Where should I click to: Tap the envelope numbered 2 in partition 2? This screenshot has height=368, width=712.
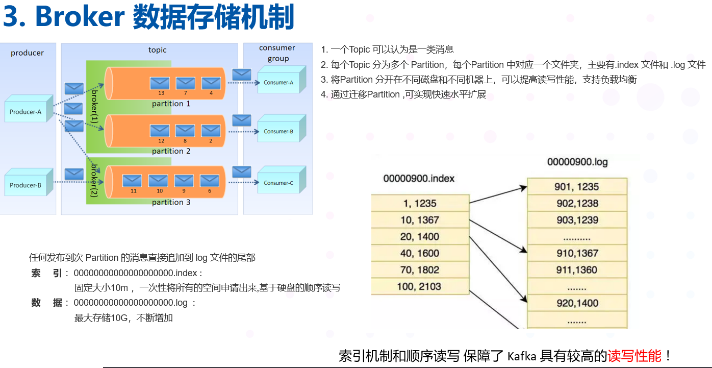coord(211,130)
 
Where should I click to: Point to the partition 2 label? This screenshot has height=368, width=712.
coord(171,151)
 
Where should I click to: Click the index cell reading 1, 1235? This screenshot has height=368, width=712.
coord(420,204)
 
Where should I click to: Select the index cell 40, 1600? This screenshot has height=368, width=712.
coord(420,253)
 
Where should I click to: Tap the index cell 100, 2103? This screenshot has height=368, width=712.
coord(420,286)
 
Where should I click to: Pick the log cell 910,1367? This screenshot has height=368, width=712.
coord(577,253)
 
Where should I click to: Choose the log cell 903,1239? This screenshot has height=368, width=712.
coord(577,220)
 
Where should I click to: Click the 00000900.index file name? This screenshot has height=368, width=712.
coord(419,179)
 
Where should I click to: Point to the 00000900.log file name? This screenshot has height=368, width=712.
coord(577,162)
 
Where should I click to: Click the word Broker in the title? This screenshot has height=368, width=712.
coord(80,17)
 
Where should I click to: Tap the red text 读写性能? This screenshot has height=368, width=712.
coord(634,355)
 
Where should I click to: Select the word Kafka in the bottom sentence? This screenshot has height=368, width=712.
coord(522,356)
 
